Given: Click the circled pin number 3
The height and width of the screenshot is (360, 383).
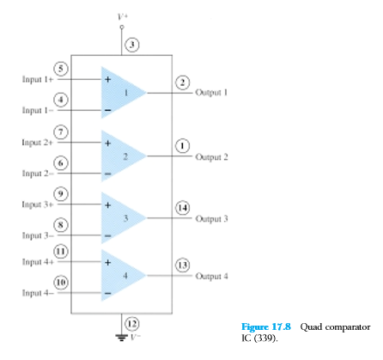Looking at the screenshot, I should (131, 44).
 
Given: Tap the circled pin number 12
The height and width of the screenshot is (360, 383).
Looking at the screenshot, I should (131, 323).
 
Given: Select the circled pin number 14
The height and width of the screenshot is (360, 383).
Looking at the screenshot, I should (182, 207).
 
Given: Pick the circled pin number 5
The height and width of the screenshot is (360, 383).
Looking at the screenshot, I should (59, 69).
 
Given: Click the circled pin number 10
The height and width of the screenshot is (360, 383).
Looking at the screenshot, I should (59, 281).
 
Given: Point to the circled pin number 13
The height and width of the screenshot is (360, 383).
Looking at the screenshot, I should (182, 265).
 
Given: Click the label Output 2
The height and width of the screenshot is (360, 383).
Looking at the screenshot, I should (211, 157).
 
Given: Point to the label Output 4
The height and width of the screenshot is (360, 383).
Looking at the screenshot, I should (211, 276).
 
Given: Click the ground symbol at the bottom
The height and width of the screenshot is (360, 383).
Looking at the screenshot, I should (121, 336).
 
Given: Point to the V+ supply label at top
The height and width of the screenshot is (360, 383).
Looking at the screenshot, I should (121, 15).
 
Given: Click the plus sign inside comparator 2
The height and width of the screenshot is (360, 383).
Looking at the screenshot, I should (107, 143).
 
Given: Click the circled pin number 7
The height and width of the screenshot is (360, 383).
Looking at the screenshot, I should (59, 131).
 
